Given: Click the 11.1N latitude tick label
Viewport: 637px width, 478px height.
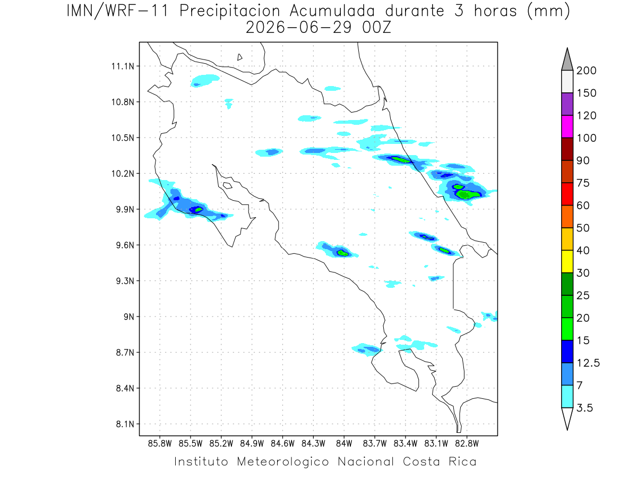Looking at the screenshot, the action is tap(123, 66).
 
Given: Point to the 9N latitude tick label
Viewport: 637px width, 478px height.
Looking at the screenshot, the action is tap(129, 317).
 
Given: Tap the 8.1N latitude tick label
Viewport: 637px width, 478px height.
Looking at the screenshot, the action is tap(125, 424).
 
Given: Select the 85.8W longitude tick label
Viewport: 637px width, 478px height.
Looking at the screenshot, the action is tap(160, 443).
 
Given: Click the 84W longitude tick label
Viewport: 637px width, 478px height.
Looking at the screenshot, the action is tap(344, 443).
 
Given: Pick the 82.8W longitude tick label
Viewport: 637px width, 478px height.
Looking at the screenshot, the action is tap(467, 443).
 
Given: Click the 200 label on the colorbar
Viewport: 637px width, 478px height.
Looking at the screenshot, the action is tap(586, 71).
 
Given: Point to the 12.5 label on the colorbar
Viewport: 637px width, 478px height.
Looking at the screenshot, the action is tap(588, 363).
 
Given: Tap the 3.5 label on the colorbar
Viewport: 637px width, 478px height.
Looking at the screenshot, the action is tap(584, 408).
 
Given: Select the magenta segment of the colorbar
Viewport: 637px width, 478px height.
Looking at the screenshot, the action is tap(567, 126).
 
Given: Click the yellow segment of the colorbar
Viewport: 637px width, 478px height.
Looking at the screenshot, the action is tap(567, 261).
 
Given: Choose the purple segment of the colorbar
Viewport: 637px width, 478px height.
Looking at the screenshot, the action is tap(567, 104).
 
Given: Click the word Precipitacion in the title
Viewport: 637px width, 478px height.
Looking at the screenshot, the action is tap(229, 11).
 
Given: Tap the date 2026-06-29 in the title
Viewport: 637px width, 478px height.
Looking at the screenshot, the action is tap(299, 28).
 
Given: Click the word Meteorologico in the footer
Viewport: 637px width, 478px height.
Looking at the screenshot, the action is tap(282, 462).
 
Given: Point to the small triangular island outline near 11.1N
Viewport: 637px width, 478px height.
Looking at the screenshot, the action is tap(239, 57).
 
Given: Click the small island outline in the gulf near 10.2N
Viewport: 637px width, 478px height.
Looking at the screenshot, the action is tap(228, 185).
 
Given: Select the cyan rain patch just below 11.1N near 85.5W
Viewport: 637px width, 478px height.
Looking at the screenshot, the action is tap(204, 80).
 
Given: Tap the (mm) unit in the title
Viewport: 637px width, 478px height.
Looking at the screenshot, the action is tap(548, 11).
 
